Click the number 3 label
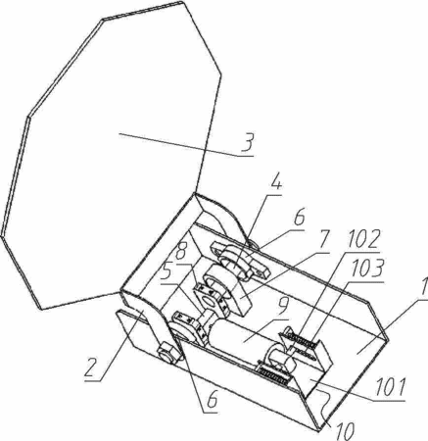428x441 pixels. tap(248, 142)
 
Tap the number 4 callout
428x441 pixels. tap(275, 185)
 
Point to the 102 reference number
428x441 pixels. tap(363, 240)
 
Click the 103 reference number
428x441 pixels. tap(366, 269)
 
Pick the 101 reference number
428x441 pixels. tap(390, 388)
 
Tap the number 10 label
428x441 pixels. tap(346, 430)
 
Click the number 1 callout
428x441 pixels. tap(424, 287)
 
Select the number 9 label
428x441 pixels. tap(283, 307)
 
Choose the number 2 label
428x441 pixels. tap(90, 367)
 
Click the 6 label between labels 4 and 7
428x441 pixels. tap(299, 219)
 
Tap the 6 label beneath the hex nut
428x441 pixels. tap(212, 399)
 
